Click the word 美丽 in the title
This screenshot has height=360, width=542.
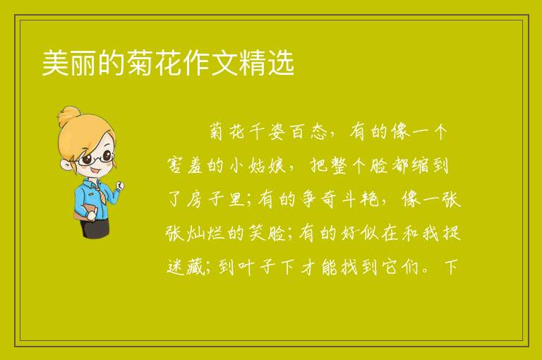pos(70,63)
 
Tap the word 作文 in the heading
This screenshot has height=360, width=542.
pos(210,63)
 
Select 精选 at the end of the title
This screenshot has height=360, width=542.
pos(267,63)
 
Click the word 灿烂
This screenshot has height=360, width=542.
pos(205,234)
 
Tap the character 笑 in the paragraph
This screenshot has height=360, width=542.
pos(257,234)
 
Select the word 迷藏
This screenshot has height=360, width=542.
pos(186,267)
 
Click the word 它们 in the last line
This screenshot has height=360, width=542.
pos(401,267)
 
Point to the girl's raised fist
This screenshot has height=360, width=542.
pos(120,186)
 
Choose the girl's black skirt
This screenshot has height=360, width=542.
pos(95,228)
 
